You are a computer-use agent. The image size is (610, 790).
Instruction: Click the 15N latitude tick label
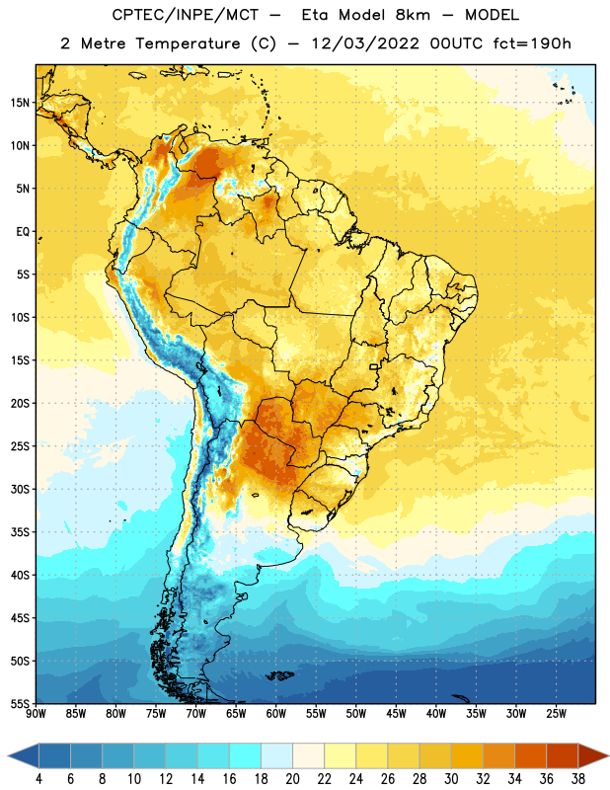20,103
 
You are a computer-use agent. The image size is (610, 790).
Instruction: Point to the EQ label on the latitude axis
23,232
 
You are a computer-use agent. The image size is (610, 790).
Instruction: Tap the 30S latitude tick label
20,489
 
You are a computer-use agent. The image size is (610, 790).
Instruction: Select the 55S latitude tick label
20,704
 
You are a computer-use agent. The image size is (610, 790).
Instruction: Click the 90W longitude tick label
36,714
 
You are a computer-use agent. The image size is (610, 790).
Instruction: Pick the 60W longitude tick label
276,714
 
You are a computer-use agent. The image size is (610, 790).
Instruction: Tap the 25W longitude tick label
556,714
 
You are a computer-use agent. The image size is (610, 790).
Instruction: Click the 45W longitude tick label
396,714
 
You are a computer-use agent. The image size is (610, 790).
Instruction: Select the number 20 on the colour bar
292,779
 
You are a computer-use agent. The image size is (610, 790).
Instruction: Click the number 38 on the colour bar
578,779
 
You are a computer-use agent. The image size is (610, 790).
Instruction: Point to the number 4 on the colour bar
38,779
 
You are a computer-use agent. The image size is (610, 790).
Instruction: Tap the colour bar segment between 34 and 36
530,756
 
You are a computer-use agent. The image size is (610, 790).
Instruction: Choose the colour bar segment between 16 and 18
245,756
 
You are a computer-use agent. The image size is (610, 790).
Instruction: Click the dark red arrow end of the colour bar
593,756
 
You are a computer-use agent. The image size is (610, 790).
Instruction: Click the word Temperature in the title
188,43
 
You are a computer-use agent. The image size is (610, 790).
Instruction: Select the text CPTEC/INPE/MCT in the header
185,15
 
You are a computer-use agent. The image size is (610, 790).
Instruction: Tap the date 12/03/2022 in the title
365,43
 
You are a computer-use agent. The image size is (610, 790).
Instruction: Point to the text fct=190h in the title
532,43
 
